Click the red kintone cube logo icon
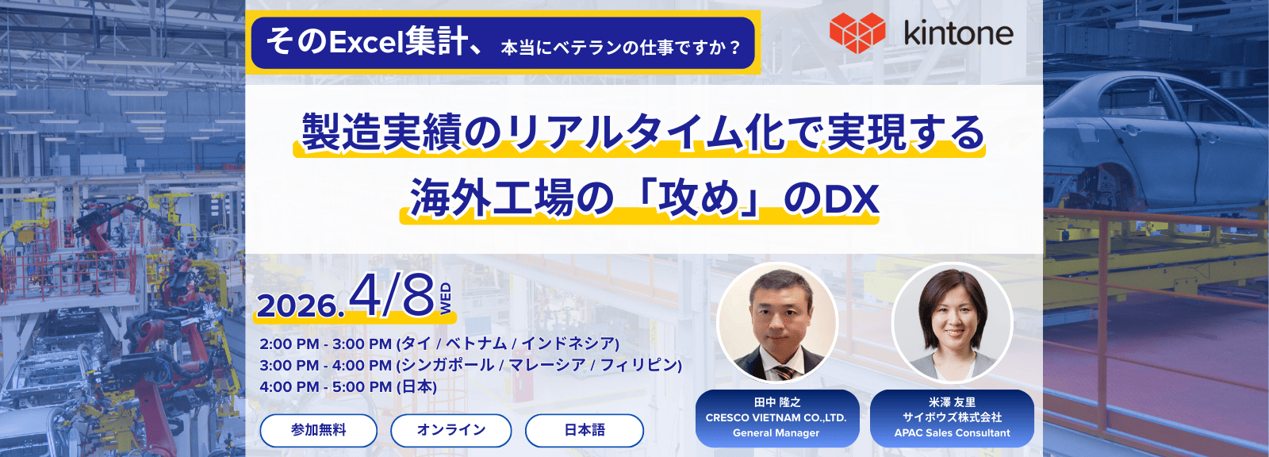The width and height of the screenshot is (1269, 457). click(857, 33)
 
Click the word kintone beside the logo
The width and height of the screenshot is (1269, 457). click(959, 34)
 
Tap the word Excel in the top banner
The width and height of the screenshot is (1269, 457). click(366, 43)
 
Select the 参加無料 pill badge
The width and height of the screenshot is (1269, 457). click(318, 430)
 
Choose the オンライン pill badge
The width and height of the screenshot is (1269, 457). click(451, 430)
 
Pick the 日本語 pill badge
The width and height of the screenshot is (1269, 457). click(585, 430)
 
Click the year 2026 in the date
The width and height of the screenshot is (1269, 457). click(297, 307)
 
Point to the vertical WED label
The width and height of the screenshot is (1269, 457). click(446, 298)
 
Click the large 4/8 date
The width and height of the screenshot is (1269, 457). click(392, 296)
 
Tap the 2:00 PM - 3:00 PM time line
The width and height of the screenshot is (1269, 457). click(439, 344)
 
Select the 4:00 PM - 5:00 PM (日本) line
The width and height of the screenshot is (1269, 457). click(348, 386)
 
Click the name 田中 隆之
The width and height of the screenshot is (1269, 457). click(776, 402)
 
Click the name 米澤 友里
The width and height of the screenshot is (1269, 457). click(952, 402)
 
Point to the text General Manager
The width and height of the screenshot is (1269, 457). click(776, 432)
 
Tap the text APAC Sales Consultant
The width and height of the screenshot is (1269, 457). click(952, 432)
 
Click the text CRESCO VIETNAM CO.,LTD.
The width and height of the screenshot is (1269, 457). click(776, 418)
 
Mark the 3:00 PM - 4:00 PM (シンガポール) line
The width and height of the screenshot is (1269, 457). click(471, 365)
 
